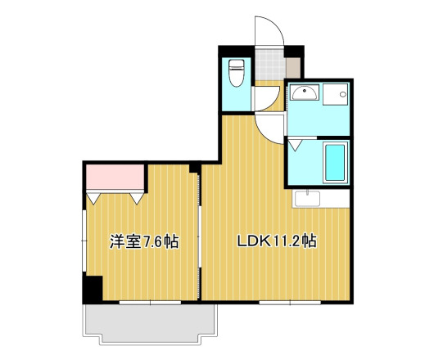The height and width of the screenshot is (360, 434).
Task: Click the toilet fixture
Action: coord(237,74)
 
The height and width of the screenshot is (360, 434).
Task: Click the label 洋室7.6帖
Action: coord(145,242)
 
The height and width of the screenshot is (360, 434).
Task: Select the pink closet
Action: coord(115,176)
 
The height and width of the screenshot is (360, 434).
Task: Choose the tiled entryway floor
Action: coord(267,63)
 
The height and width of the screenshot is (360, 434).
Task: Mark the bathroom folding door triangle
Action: coord(295,146)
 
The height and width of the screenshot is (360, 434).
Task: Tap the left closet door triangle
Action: coord(95,197)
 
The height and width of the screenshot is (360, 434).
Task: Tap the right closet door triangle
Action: coord(135,197)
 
